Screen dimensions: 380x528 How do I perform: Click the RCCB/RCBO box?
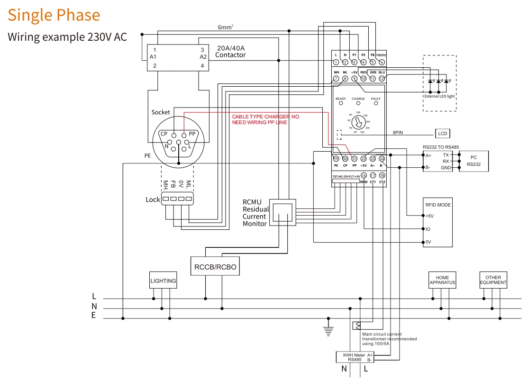(215, 267)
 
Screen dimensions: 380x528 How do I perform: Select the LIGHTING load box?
(163, 280)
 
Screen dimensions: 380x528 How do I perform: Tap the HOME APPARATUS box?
(442, 280)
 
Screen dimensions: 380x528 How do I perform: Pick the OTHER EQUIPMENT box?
(493, 280)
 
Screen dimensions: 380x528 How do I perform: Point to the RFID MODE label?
(438, 205)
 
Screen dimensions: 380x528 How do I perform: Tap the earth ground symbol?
(328, 330)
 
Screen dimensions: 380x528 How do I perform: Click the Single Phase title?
(54, 15)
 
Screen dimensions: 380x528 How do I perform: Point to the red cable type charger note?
(265, 119)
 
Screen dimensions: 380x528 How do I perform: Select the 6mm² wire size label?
(225, 27)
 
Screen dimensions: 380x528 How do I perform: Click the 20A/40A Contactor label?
(230, 52)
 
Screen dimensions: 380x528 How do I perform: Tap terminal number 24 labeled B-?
(382, 159)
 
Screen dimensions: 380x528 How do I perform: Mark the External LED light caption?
(439, 96)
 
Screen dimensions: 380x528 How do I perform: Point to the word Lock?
(153, 199)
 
